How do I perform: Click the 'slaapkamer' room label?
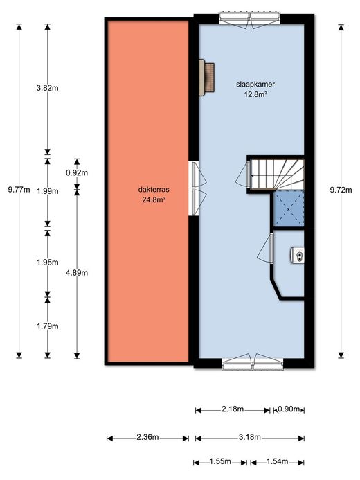pyautogui.click(x=255, y=85)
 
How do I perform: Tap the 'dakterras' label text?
pyautogui.click(x=154, y=190)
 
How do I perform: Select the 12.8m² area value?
pyautogui.click(x=255, y=94)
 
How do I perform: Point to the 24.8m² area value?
pyautogui.click(x=154, y=200)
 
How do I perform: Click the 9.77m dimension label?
pyautogui.click(x=19, y=190)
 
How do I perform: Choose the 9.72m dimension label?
pyautogui.click(x=341, y=190)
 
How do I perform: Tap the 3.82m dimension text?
pyautogui.click(x=47, y=88)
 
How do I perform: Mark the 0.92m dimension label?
pyautogui.click(x=77, y=173)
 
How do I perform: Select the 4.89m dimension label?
pyautogui.click(x=77, y=272)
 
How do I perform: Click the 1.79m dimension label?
pyautogui.click(x=47, y=326)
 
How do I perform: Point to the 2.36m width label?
pyautogui.click(x=147, y=437)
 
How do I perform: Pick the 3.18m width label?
pyautogui.click(x=250, y=437)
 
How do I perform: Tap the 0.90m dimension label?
pyautogui.click(x=289, y=409)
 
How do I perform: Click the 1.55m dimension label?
pyautogui.click(x=220, y=461)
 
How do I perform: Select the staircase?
pyautogui.click(x=277, y=175)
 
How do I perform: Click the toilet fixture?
pyautogui.click(x=297, y=255)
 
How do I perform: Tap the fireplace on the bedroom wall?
pyautogui.click(x=206, y=78)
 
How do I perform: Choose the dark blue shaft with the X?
pyautogui.click(x=289, y=209)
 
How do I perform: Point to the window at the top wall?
pyautogui.click(x=250, y=19)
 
